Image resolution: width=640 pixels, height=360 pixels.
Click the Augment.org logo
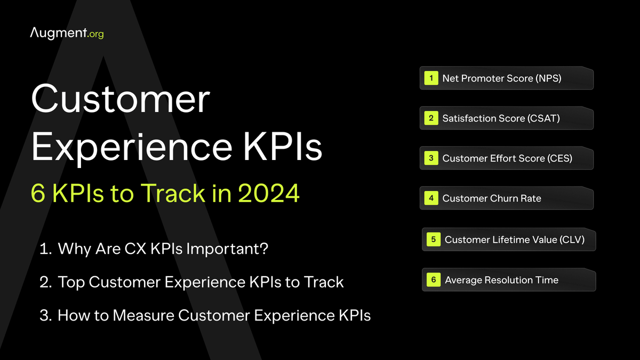[x=67, y=33]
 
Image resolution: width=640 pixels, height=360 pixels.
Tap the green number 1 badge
[x=431, y=78]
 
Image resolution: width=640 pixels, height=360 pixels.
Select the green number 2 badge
[x=431, y=118]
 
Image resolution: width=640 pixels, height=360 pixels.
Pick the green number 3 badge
[x=431, y=158]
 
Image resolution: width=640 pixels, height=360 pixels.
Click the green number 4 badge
[x=431, y=198]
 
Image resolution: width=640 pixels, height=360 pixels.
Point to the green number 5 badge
[x=433, y=239]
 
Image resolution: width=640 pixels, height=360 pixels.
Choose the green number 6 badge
[x=433, y=279]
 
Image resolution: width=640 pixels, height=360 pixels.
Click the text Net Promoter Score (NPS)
[x=502, y=78]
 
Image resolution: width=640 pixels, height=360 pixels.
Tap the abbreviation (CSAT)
[x=544, y=118]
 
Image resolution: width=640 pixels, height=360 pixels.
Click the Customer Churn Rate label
[x=492, y=198]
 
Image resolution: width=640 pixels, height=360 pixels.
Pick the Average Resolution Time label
[x=501, y=279]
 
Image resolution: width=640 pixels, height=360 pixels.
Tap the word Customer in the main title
[x=121, y=99]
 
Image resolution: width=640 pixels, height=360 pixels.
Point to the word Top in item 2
[x=71, y=282]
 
